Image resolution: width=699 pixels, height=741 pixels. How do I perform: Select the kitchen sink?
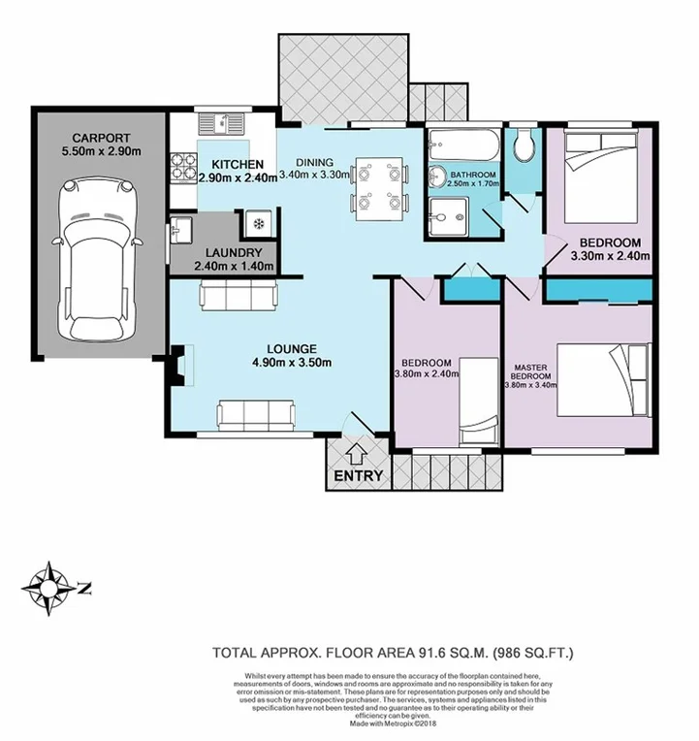[x=222, y=123]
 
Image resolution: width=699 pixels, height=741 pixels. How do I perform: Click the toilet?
[x=524, y=145]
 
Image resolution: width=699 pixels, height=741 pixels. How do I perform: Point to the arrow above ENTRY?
[x=356, y=452]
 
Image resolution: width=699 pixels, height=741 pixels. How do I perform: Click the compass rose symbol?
[x=46, y=586]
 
